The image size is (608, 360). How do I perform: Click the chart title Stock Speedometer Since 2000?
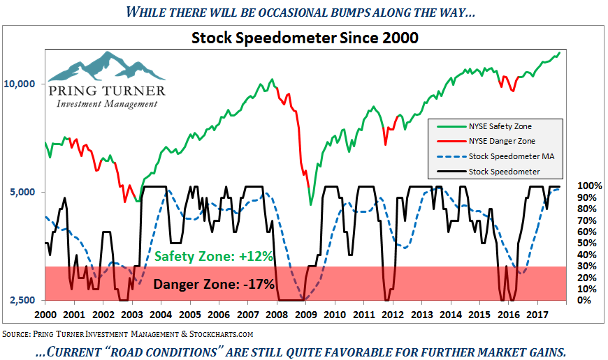[305, 38]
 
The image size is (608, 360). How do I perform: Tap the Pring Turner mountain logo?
[106, 66]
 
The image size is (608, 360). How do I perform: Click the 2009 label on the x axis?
[306, 314]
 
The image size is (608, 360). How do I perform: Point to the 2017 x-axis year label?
[537, 314]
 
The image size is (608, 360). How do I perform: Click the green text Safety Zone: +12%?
[213, 256]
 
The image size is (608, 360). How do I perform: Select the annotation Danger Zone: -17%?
[213, 284]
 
